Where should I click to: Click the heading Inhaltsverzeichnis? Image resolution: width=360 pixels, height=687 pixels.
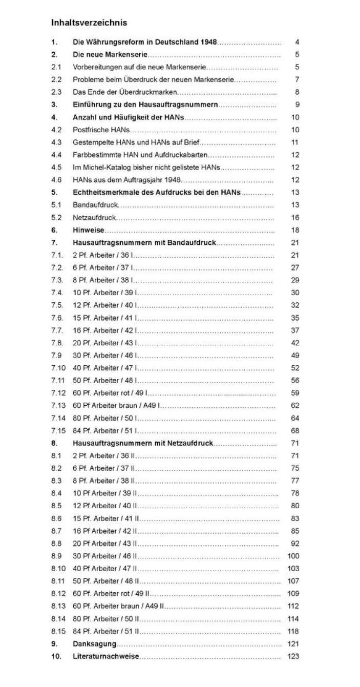tap(89, 23)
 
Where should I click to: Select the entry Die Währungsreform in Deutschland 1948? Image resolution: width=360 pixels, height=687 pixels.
tap(145, 42)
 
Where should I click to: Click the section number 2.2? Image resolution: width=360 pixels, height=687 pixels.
tap(56, 80)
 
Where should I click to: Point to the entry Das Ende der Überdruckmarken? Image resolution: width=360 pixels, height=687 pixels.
tap(125, 92)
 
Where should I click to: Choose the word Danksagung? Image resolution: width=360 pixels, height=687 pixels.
tap(94, 644)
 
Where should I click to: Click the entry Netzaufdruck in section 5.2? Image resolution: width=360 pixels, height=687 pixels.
tap(94, 218)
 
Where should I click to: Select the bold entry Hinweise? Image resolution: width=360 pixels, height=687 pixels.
tap(88, 231)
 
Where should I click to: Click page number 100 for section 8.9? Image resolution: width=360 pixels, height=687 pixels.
tap(293, 556)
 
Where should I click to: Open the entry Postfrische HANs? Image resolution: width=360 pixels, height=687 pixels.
tap(101, 130)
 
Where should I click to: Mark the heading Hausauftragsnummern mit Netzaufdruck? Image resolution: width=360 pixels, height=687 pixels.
tap(143, 444)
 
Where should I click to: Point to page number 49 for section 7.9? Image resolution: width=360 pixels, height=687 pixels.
tap(295, 356)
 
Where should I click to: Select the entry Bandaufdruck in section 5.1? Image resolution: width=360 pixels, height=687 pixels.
tap(95, 205)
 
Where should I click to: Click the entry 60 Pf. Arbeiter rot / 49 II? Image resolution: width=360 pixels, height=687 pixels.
tap(111, 594)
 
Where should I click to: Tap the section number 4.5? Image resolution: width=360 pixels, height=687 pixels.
tap(56, 168)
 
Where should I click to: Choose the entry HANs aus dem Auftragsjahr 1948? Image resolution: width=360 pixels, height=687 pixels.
tap(127, 180)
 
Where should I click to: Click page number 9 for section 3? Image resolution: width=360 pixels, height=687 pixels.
tap(297, 105)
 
